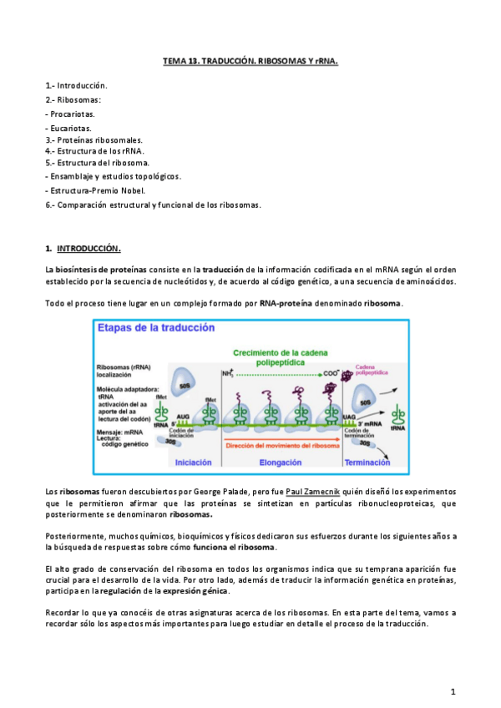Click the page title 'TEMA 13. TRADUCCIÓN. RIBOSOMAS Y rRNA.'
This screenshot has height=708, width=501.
coord(249,62)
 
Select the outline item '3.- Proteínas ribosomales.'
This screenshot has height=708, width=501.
coord(94,140)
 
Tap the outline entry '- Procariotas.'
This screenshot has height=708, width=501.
coord(70,114)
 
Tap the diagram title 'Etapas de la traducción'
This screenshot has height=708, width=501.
coord(156,328)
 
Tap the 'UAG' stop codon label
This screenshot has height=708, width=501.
coord(352,416)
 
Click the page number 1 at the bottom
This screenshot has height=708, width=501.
coord(452,691)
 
